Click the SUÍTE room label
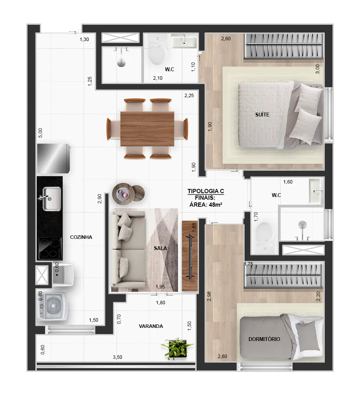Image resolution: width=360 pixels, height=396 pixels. click(262, 115)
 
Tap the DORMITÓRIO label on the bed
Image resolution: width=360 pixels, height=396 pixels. click(264, 339)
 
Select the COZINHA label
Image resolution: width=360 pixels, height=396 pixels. click(81, 237)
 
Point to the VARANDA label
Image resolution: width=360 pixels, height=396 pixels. click(151, 326)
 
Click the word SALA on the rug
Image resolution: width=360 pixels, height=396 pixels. click(160, 248)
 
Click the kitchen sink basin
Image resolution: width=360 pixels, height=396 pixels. click(51, 199)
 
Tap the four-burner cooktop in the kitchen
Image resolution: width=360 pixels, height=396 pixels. click(50, 249)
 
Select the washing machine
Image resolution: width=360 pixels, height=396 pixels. click(52, 306)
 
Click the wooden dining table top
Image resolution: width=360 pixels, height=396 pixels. click(147, 129)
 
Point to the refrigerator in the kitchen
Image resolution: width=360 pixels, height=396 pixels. click(53, 158)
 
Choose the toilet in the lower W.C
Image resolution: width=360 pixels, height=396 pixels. click(264, 237)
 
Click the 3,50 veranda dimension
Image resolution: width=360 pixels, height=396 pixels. click(117, 357)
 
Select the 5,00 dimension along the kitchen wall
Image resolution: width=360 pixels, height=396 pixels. click(40, 133)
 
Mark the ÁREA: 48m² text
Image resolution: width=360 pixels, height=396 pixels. click(206, 205)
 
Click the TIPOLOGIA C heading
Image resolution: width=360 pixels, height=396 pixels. click(206, 191)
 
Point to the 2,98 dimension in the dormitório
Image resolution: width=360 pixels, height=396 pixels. click(209, 296)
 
